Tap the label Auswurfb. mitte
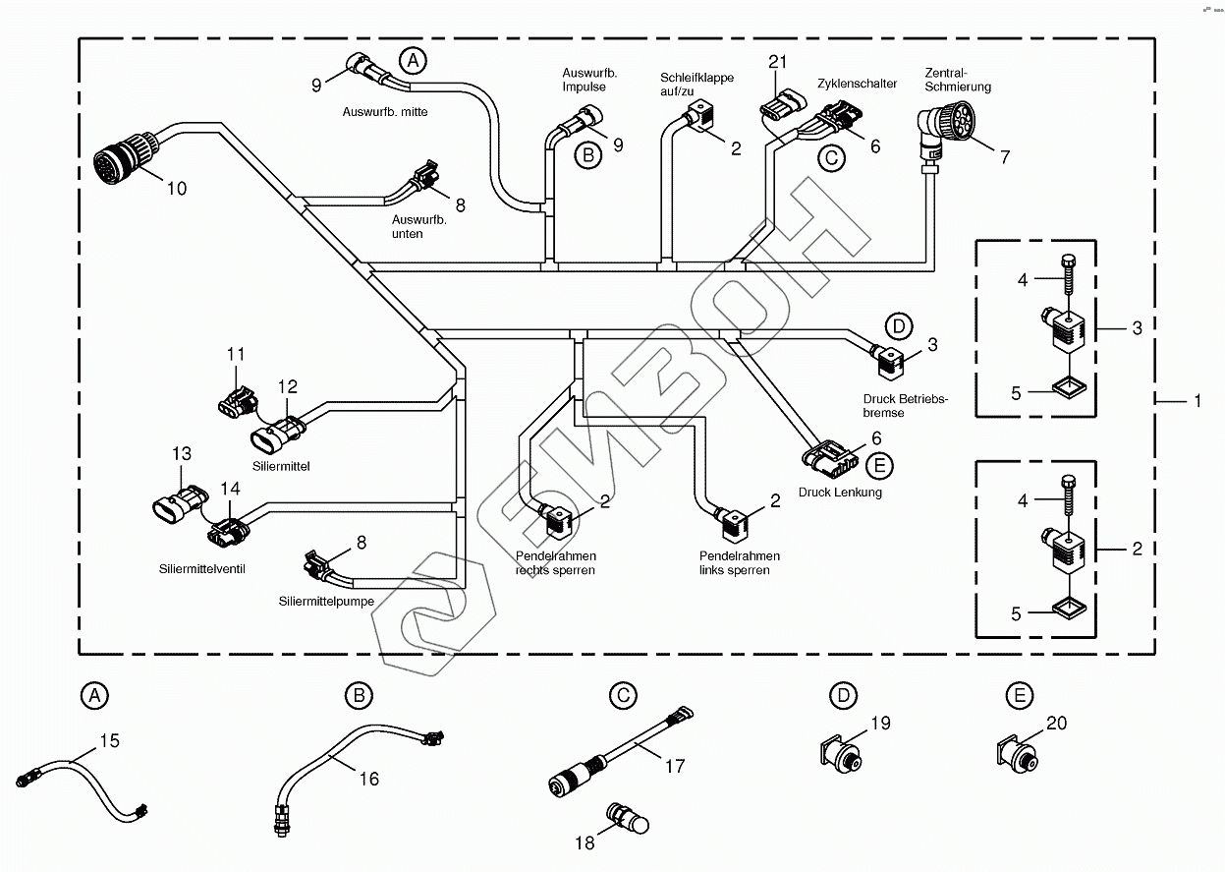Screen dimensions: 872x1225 click(x=385, y=112)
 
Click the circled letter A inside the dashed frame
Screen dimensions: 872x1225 click(x=414, y=61)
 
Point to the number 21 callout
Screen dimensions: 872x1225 click(x=778, y=62)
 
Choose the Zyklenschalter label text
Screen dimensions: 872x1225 click(x=857, y=84)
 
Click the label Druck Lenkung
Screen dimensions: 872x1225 click(x=840, y=493)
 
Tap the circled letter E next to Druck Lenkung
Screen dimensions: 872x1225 click(x=880, y=466)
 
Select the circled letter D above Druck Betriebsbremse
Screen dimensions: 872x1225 click(x=898, y=325)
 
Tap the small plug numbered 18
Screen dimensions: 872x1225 click(x=628, y=818)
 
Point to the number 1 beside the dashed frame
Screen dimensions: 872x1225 click(x=1197, y=401)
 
